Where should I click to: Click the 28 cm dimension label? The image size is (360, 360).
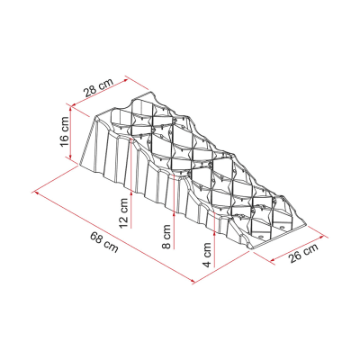(99, 87)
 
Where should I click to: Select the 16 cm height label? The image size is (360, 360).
(65, 131)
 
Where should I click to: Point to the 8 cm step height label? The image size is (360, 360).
(166, 237)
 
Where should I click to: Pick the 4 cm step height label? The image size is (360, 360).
(207, 255)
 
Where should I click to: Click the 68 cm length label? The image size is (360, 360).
(104, 242)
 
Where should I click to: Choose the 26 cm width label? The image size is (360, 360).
(303, 254)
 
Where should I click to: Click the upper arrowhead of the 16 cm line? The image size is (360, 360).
(70, 109)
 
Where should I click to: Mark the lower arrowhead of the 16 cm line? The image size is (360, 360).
(70, 156)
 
